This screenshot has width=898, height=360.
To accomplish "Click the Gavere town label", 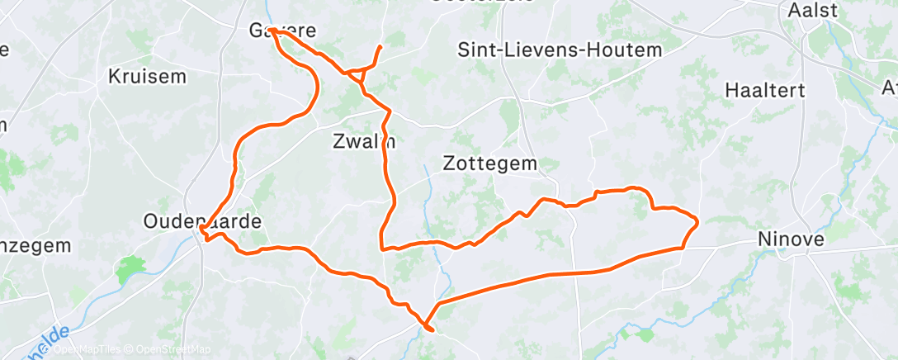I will coord(282,31).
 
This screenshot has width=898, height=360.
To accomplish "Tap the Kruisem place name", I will coord(148,77).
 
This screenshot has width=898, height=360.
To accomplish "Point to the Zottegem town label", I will coord(490,163).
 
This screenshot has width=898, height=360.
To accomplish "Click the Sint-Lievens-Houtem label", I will coord(560,50).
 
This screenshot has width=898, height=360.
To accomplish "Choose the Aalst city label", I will coord(813,10).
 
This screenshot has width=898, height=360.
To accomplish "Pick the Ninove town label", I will coord(792,240).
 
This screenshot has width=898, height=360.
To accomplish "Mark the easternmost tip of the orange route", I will coord(698,220).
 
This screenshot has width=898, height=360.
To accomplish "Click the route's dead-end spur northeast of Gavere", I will coord(380,46).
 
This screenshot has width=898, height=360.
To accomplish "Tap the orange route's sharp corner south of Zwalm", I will coord(381,247).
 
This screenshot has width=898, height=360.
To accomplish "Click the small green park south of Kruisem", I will coord(131,268).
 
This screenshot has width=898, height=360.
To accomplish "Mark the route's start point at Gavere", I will coord(270,31).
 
